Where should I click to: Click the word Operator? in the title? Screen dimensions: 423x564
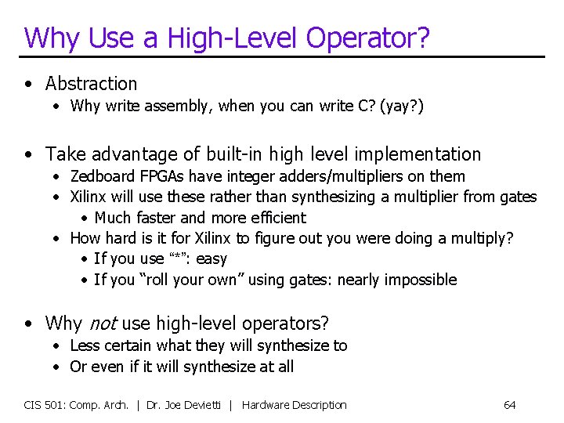pos(368,38)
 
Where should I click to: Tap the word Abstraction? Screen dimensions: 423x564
pos(91,84)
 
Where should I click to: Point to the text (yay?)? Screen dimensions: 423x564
pos(401,106)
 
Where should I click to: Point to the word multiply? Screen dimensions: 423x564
pos(477,238)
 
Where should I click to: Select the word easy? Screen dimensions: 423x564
pos(211,259)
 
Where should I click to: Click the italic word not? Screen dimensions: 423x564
pos(102,323)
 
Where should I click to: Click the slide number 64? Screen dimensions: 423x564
pos(509,405)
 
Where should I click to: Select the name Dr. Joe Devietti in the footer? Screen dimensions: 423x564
pos(189,405)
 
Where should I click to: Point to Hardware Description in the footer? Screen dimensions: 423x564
pos(294,405)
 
